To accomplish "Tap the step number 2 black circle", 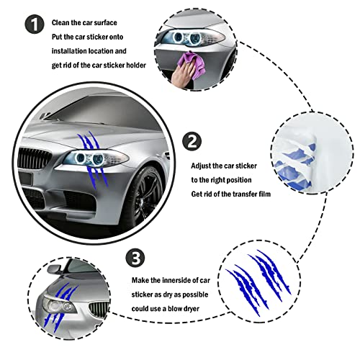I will pyautogui.click(x=191, y=141).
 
